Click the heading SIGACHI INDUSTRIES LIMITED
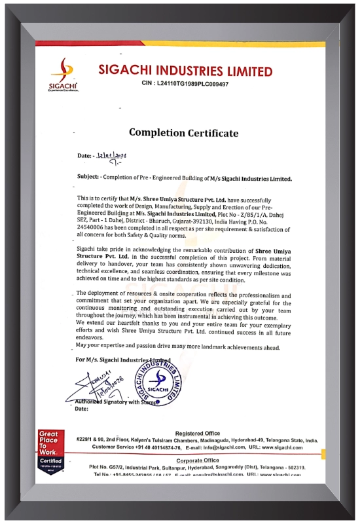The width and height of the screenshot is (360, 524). pyautogui.click(x=185, y=71)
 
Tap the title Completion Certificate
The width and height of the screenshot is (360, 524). pyautogui.click(x=183, y=133)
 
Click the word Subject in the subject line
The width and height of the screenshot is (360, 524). pyautogui.click(x=88, y=178)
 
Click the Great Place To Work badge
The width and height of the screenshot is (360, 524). pyautogui.click(x=50, y=449)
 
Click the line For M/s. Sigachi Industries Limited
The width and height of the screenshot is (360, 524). pyautogui.click(x=123, y=360)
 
